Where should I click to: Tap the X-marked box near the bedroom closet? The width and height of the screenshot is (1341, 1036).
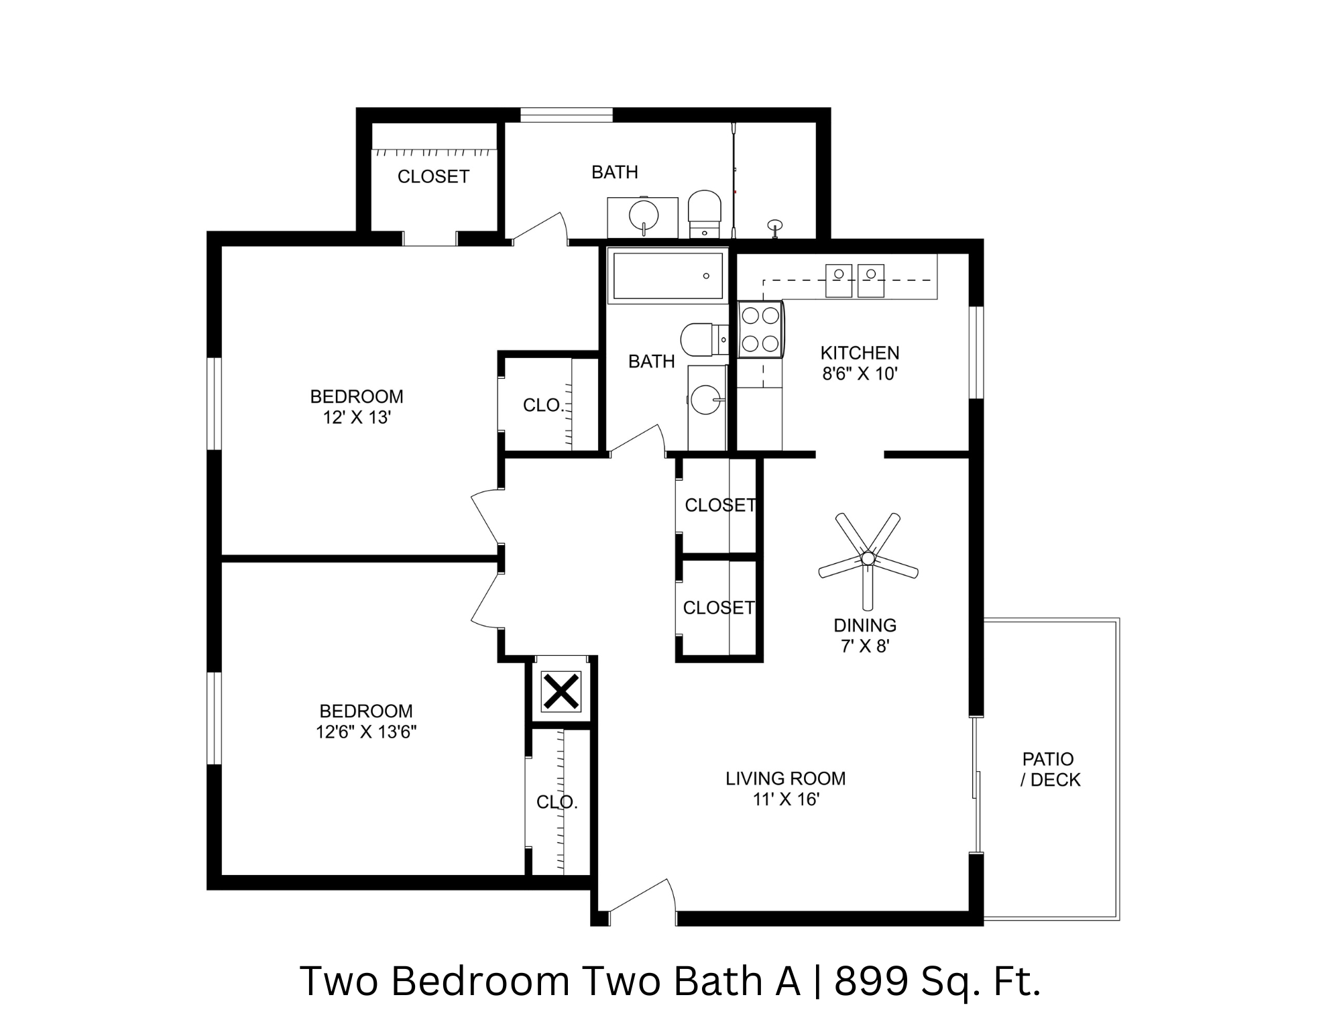[561, 691]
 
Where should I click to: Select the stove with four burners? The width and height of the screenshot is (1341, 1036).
[760, 329]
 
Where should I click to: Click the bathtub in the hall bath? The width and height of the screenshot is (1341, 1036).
[668, 276]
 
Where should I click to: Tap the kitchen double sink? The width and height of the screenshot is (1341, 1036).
[854, 280]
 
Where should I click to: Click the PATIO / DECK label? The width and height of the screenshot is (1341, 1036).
[1049, 769]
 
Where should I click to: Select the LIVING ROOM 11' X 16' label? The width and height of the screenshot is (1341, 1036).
[785, 789]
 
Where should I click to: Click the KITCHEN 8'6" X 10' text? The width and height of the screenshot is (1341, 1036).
[860, 363]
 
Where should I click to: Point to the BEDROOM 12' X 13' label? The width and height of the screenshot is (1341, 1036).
[356, 406]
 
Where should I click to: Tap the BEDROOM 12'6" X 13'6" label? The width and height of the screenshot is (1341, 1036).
[366, 721]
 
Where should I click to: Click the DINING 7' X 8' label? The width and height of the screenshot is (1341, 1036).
[865, 635]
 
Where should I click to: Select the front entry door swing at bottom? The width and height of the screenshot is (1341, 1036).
[640, 899]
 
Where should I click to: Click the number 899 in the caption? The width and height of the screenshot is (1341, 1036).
[870, 981]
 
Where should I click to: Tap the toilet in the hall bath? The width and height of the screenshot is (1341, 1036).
[701, 339]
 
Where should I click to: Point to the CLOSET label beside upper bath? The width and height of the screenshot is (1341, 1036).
[433, 176]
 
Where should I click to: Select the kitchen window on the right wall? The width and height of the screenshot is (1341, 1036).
[976, 353]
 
